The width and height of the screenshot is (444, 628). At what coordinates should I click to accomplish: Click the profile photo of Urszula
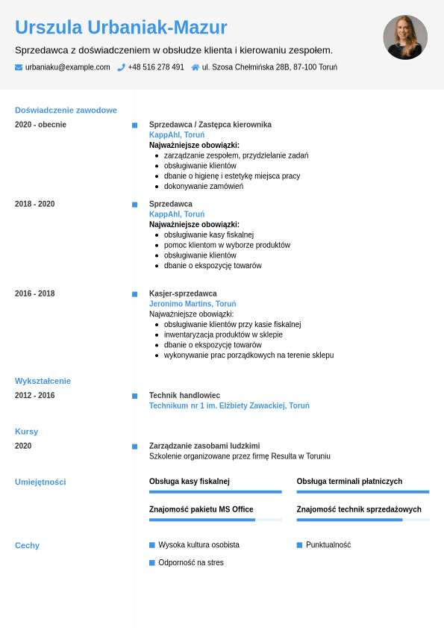[x=405, y=37]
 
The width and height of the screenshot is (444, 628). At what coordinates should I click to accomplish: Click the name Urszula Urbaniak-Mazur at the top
[x=121, y=28]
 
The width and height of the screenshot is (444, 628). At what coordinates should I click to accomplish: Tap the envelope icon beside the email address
[x=19, y=67]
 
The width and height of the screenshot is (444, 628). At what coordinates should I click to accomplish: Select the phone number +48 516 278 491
[x=156, y=67]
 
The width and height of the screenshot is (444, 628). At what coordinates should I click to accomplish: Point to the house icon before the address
[x=196, y=67]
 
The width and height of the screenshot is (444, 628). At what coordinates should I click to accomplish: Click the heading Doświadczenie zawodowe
[x=66, y=111]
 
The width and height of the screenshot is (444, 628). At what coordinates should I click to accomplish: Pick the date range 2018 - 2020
[x=34, y=204]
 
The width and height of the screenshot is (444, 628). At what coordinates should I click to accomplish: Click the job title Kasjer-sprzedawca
[x=183, y=293]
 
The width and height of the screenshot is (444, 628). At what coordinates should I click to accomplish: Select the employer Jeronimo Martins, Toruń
[x=193, y=304]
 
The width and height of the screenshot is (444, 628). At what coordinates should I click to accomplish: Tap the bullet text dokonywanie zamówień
[x=204, y=186]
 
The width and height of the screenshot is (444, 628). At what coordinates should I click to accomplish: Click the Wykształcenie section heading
[x=43, y=381]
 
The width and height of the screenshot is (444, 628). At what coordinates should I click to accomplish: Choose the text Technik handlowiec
[x=184, y=396]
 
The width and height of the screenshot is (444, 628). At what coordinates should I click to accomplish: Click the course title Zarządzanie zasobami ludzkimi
[x=204, y=446]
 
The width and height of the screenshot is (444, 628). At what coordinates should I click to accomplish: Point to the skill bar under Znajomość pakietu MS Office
[x=215, y=520]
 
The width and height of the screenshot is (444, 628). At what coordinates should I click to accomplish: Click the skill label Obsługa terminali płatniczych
[x=349, y=482]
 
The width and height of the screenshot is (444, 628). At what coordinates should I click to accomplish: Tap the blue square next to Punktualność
[x=299, y=545]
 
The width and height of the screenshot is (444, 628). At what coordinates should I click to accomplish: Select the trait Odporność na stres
[x=191, y=562]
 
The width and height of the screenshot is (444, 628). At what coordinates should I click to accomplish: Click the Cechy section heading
[x=27, y=546]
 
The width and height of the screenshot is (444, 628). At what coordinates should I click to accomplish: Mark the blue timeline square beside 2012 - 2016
[x=134, y=396]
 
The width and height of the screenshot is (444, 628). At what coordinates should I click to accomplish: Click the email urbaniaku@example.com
[x=67, y=67]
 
